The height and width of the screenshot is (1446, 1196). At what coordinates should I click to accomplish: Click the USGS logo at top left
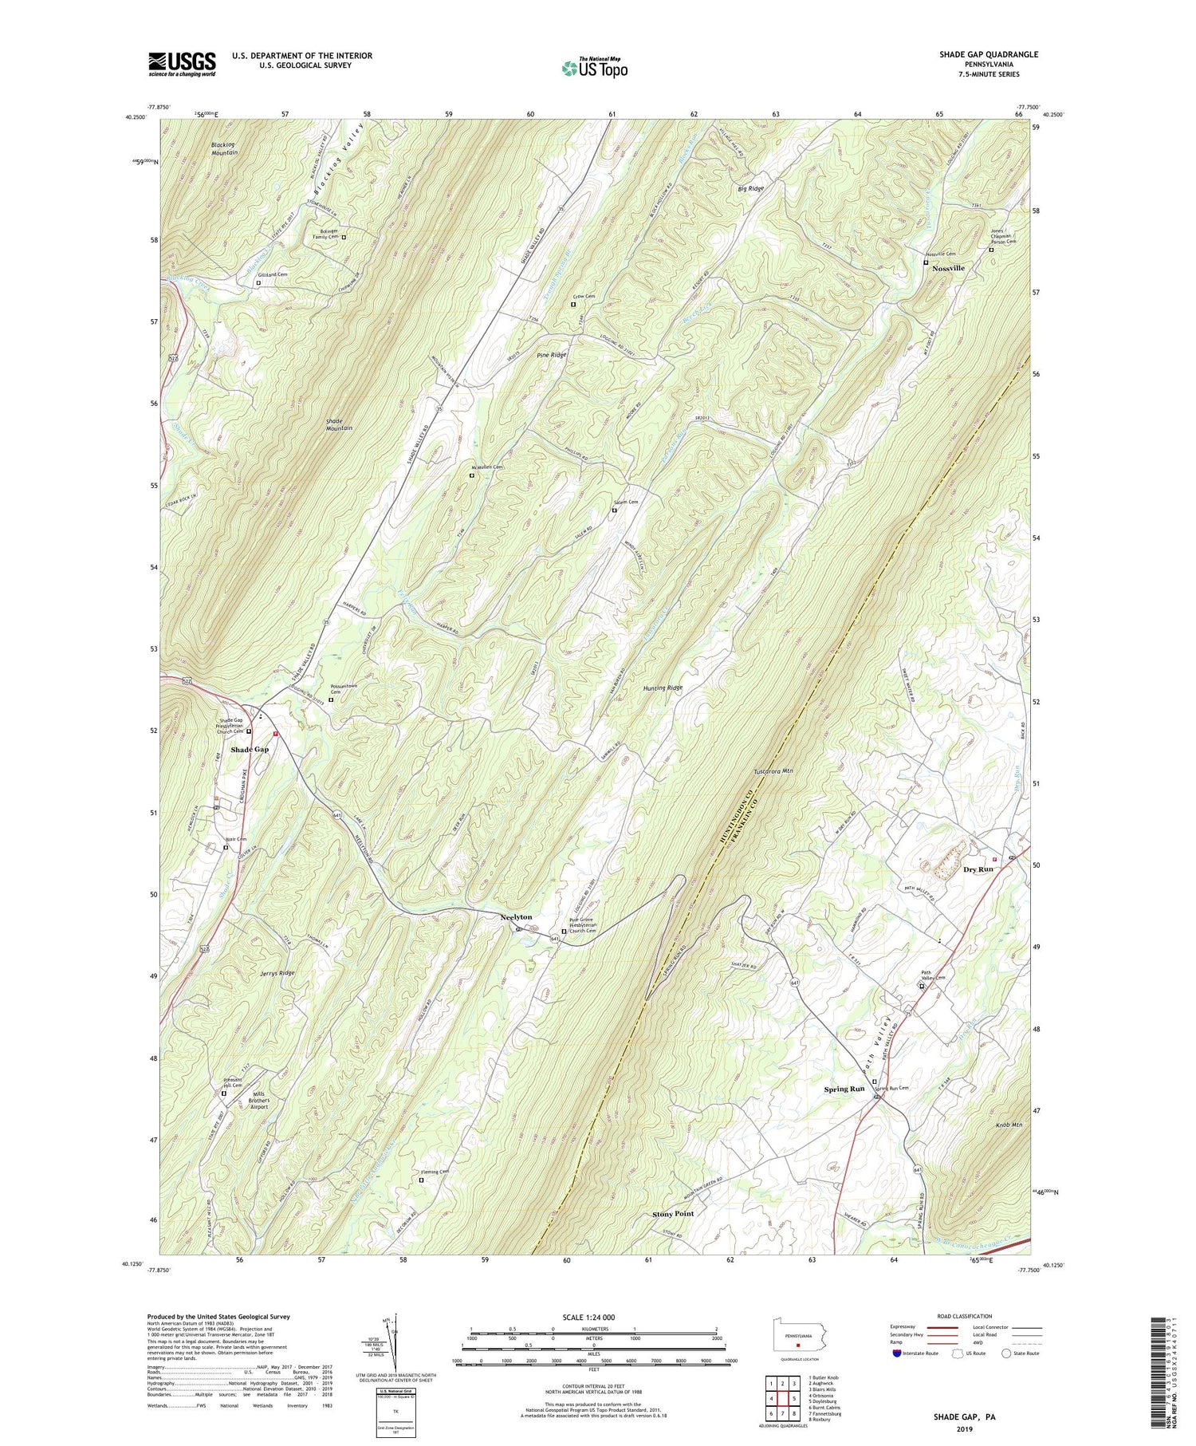click(x=182, y=64)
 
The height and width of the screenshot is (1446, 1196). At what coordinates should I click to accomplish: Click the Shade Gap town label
click(x=250, y=750)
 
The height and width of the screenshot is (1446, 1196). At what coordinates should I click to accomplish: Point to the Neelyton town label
click(x=516, y=917)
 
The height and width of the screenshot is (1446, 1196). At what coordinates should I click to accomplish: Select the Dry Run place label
click(x=978, y=869)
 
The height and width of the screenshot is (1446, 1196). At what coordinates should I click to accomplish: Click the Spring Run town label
click(x=844, y=1089)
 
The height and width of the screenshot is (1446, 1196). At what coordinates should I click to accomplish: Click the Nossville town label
click(x=948, y=268)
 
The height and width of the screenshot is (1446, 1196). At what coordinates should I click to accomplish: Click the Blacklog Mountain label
click(x=224, y=148)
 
